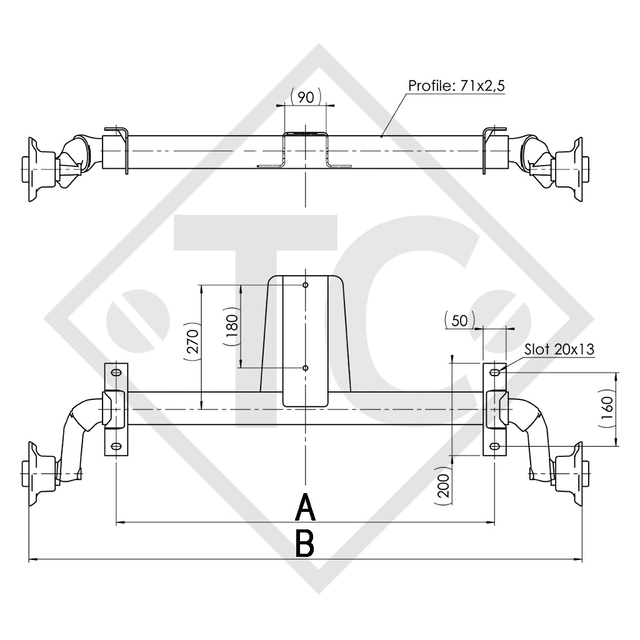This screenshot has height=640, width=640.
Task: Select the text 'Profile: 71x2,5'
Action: [x=456, y=85]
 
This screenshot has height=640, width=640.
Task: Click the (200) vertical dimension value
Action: [x=442, y=486]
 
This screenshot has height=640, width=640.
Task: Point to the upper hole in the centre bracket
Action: [x=305, y=285]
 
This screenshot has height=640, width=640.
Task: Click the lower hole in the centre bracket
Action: [x=305, y=368]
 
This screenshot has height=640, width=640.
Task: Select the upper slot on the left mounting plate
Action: [x=116, y=373]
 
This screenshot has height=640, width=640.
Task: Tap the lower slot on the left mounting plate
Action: [x=116, y=446]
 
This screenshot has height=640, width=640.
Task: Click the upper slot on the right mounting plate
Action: [x=494, y=373]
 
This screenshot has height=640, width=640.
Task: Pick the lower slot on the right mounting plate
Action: [x=494, y=446]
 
